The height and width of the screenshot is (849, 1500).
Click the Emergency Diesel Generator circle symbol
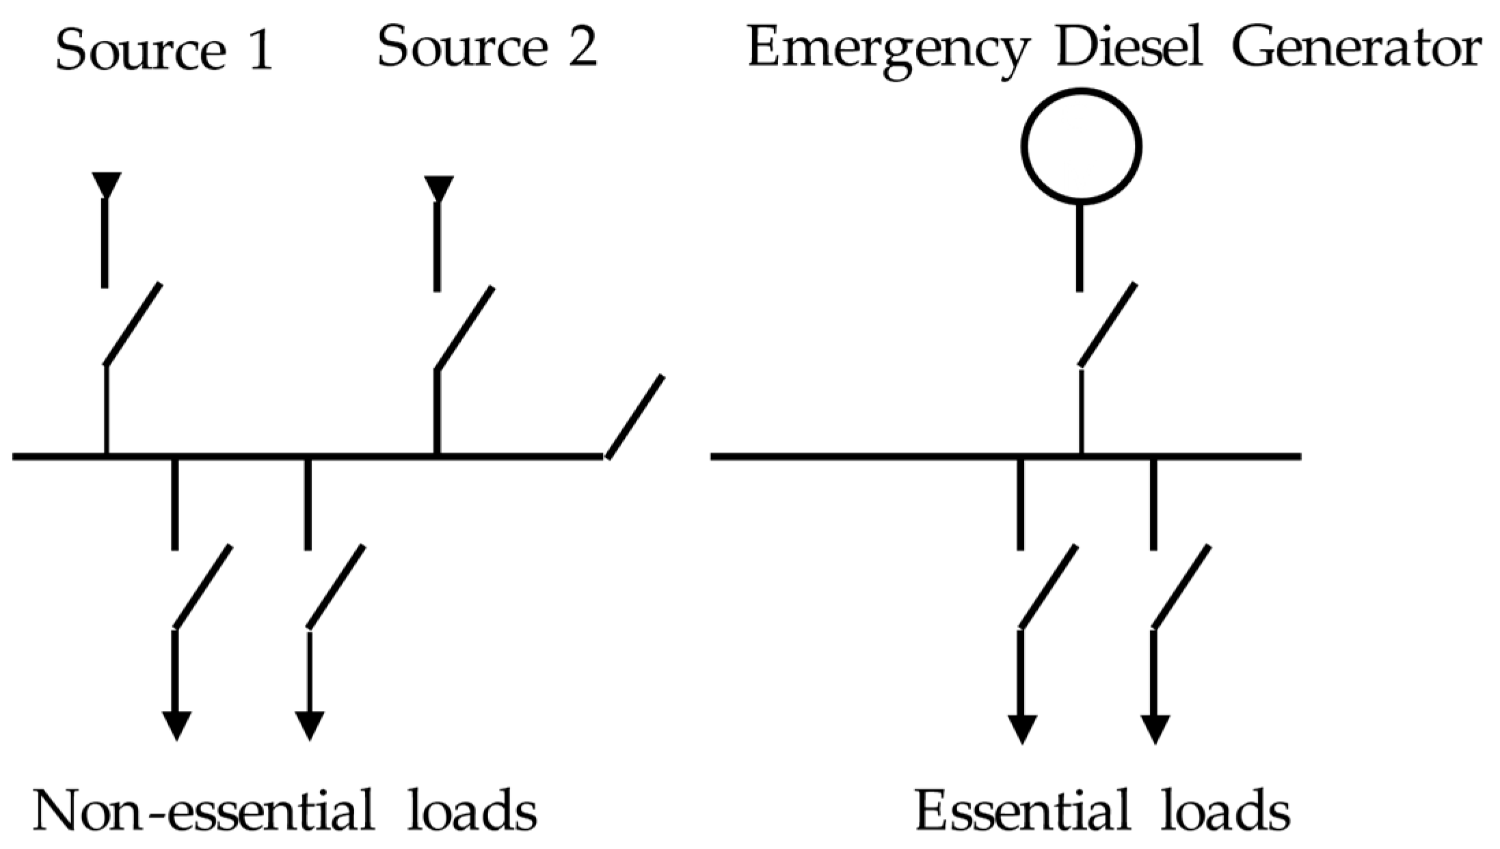pos(1081,146)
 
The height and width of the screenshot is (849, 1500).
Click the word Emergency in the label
pos(887,49)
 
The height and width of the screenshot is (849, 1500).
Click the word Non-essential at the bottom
pos(203,811)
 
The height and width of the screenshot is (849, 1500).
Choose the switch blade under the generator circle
pos(1108,324)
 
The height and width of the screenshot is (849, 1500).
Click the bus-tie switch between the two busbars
pos(634,416)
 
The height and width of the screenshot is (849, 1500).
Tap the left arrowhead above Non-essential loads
pos(176,725)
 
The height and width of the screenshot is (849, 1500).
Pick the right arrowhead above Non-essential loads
pos(309,725)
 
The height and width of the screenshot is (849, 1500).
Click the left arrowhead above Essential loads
pos(1022,729)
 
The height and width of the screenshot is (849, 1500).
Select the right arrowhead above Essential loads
pos(1155,729)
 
